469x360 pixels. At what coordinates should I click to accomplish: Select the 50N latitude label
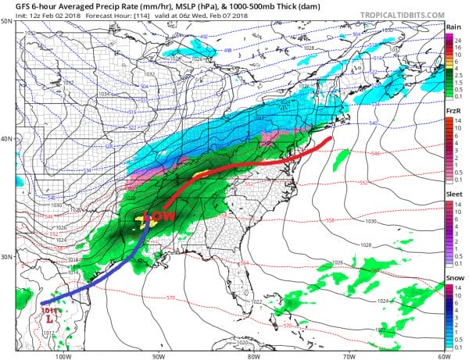click(x=7, y=21)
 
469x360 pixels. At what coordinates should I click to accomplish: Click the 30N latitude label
click(x=7, y=258)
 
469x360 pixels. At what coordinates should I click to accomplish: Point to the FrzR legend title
click(x=452, y=112)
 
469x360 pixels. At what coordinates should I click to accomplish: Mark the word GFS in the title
click(x=13, y=7)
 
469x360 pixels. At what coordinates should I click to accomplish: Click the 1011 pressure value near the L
click(x=48, y=311)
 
